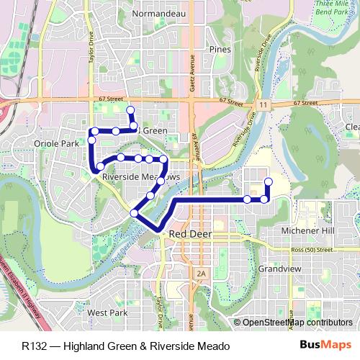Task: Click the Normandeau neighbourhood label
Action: point(154,13)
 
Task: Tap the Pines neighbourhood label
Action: point(219,50)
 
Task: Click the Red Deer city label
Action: point(189,235)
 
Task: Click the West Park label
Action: point(107,313)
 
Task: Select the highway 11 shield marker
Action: point(264,105)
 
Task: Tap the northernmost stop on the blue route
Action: point(130,110)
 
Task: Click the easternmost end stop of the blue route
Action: point(269,181)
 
